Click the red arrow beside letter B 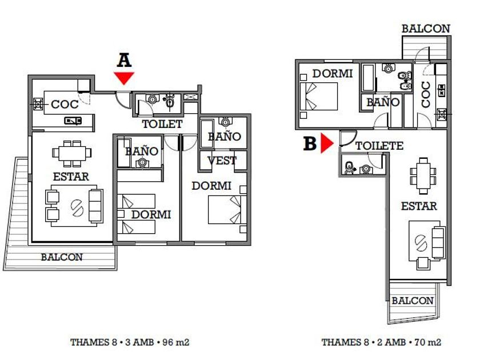327,143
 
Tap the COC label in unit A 65,105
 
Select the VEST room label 222,161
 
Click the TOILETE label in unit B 379,146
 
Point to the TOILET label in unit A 162,124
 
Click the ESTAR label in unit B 419,206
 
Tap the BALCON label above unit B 426,29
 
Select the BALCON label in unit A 62,257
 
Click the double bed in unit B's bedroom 319,96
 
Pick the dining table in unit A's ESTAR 72,153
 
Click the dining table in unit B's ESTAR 423,176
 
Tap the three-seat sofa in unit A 95,205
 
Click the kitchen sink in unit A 73,121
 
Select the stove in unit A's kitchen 38,104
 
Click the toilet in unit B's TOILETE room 349,168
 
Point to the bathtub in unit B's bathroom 368,78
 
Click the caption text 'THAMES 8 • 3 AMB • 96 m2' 130,342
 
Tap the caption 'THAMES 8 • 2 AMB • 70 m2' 382,342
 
